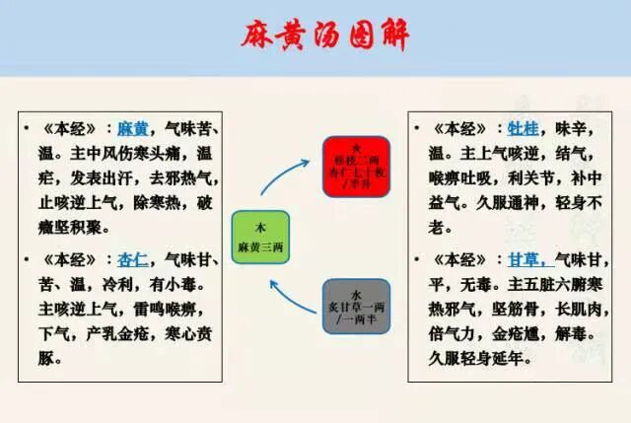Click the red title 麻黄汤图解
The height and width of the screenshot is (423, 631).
325,35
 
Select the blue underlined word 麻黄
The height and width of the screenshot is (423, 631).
132,128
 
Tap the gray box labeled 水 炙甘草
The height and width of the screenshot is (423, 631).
356,306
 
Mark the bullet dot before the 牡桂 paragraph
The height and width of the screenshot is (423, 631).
421,129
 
